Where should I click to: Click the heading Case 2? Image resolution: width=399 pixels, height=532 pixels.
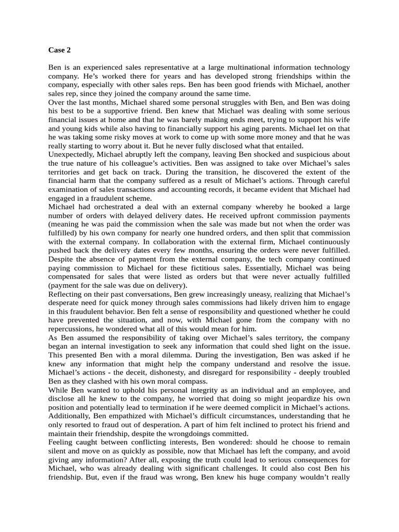pyautogui.click(x=59, y=50)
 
